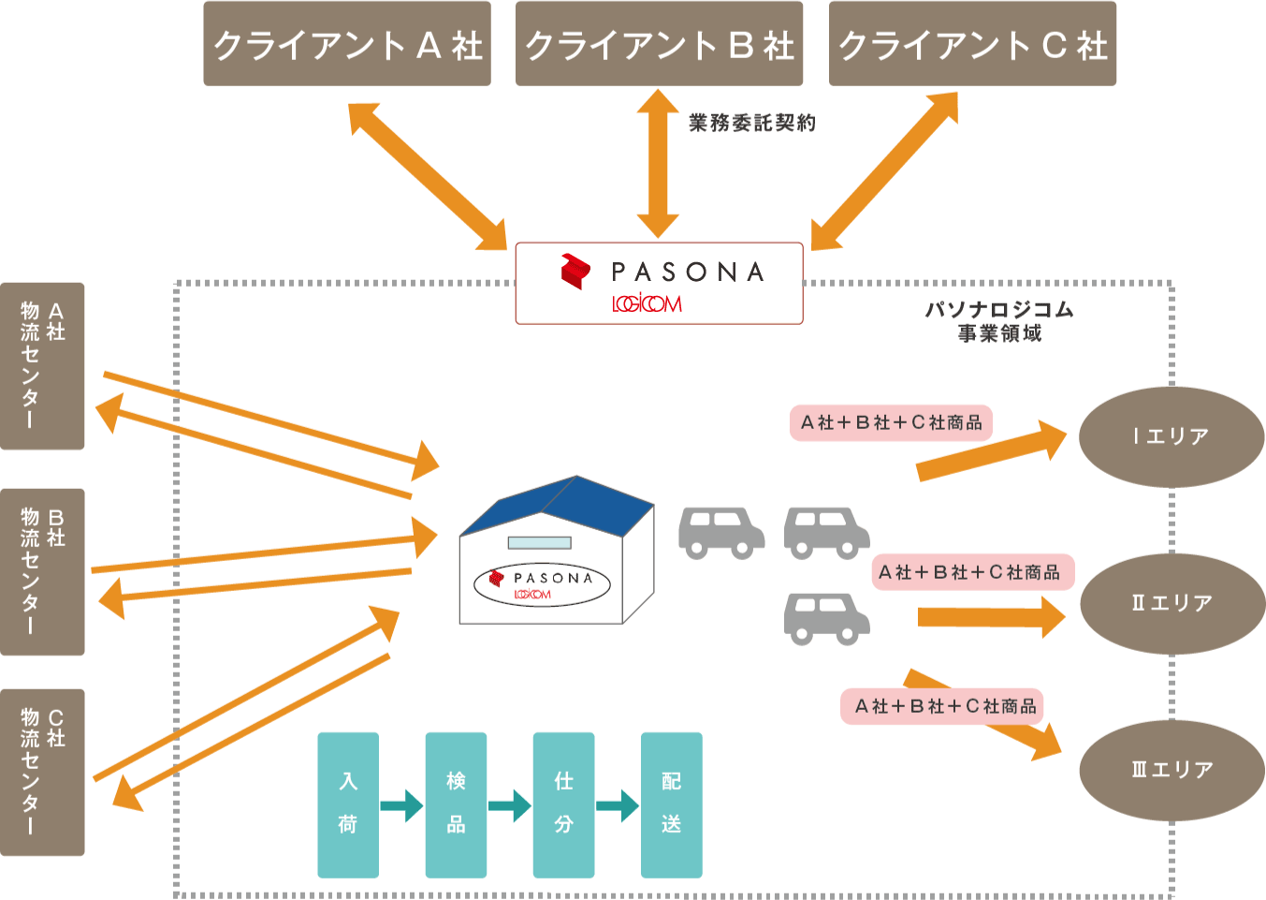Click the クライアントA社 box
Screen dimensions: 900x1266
pyautogui.click(x=347, y=44)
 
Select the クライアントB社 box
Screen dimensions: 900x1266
pyautogui.click(x=659, y=44)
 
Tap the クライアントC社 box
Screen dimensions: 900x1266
pyautogui.click(x=972, y=44)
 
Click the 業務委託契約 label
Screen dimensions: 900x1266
pyautogui.click(x=752, y=123)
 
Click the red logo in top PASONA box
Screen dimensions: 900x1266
pyautogui.click(x=575, y=271)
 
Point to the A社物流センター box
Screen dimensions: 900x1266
pyautogui.click(x=42, y=366)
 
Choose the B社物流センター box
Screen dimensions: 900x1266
pyautogui.click(x=42, y=571)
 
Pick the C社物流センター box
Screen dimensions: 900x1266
pyautogui.click(x=42, y=773)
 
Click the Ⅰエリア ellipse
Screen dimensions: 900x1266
pyautogui.click(x=1171, y=436)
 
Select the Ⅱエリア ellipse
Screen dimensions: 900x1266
pyautogui.click(x=1172, y=603)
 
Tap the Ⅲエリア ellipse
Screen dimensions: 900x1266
pyautogui.click(x=1172, y=770)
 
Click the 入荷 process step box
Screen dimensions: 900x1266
pyautogui.click(x=348, y=804)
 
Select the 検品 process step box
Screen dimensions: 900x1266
pyautogui.click(x=456, y=804)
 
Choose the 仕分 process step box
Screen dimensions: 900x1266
pyautogui.click(x=563, y=804)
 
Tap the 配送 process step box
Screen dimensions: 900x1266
pyautogui.click(x=671, y=804)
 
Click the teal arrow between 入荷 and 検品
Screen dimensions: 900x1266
pyautogui.click(x=402, y=805)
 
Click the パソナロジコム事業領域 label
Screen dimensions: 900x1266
pyautogui.click(x=999, y=321)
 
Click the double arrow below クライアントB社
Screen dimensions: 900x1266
pyautogui.click(x=658, y=164)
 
